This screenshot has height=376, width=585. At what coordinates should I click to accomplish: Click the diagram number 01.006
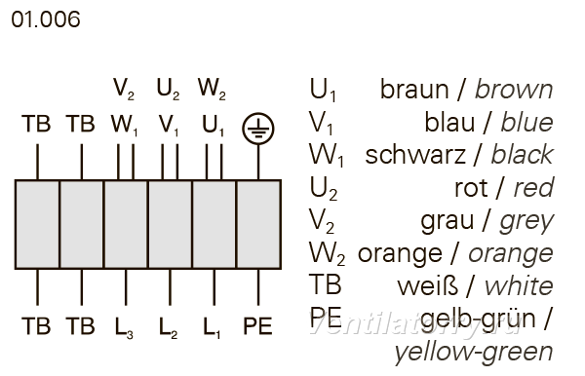[46, 19]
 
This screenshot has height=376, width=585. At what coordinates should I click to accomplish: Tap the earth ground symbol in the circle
[258, 129]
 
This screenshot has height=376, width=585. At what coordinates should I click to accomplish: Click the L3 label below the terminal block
[124, 327]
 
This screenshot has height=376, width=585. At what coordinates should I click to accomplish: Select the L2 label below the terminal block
[169, 327]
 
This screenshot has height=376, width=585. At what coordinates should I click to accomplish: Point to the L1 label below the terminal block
[212, 327]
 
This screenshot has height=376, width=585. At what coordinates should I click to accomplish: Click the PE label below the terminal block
[257, 326]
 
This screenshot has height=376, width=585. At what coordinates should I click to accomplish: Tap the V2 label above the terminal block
[124, 90]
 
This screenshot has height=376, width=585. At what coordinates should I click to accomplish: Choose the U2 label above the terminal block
[169, 90]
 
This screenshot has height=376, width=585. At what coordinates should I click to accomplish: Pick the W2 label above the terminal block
[212, 90]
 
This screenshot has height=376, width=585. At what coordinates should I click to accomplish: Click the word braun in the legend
[414, 90]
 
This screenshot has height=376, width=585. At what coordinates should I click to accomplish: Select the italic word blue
[526, 122]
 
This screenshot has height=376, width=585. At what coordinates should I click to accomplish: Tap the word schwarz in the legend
[415, 155]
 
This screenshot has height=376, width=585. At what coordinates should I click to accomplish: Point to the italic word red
[533, 187]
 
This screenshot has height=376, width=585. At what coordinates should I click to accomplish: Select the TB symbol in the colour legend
[326, 285]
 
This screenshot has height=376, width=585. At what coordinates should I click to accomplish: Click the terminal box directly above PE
[258, 224]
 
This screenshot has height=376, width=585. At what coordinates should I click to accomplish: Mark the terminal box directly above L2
[170, 224]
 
